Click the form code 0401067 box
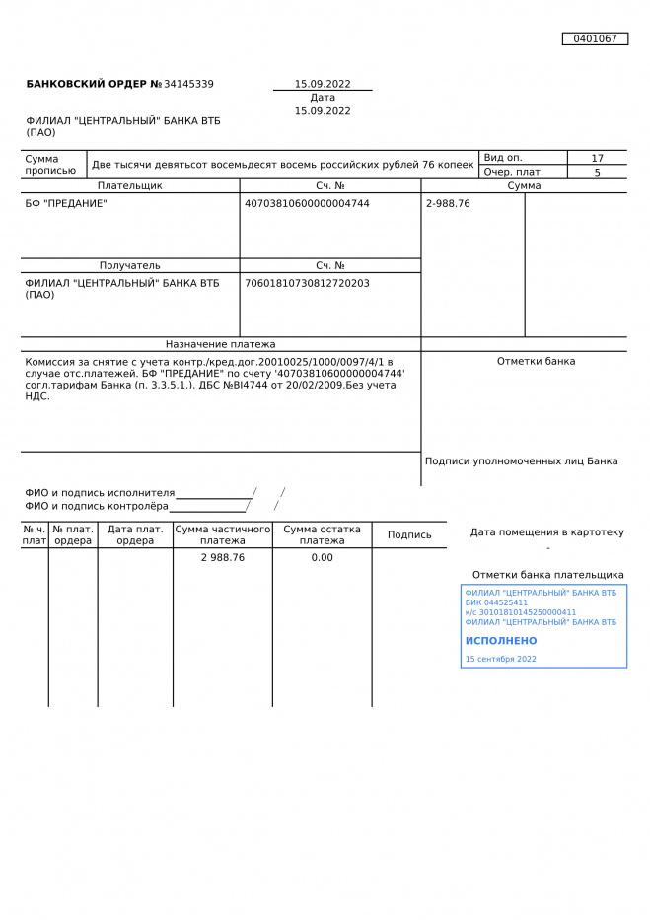595,38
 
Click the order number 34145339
188,84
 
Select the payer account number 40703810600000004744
307,203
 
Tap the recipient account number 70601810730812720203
307,283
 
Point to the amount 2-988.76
448,203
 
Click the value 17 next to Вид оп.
597,158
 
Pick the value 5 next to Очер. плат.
597,172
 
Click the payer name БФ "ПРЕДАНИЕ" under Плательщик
66,203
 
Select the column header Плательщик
129,185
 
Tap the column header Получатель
129,265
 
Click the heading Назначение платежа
220,344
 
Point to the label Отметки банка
536,361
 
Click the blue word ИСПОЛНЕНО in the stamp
501,641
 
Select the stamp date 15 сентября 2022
500,659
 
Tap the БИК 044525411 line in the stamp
496,602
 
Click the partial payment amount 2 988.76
223,557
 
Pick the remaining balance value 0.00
322,557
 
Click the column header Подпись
409,535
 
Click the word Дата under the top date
323,98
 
